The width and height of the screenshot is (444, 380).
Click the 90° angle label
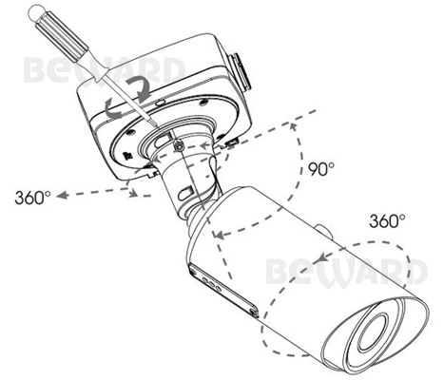coord(321,169)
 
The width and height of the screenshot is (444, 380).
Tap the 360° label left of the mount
coord(32,198)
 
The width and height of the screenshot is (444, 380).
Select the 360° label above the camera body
coord(387,220)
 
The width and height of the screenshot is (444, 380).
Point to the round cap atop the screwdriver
coord(35,13)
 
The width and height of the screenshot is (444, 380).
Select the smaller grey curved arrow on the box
coord(113,108)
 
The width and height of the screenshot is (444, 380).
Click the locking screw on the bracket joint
coord(180,146)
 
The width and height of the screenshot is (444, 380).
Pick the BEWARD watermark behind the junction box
coord(105,70)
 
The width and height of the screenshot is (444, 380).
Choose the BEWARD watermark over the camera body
coord(346,272)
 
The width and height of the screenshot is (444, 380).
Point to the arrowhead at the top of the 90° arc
coord(294,126)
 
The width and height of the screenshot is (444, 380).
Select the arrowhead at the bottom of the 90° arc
coord(220,235)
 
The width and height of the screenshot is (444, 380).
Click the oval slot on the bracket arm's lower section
coord(186,193)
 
